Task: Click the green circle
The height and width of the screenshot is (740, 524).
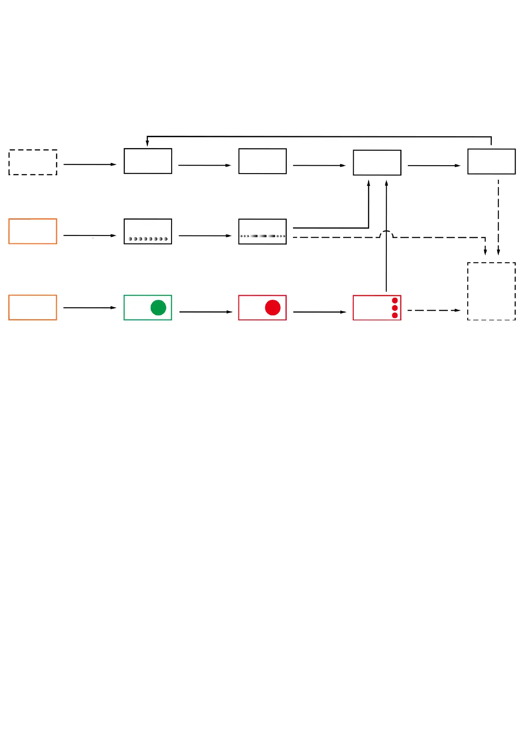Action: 158,308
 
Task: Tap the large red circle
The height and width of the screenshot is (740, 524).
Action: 273,308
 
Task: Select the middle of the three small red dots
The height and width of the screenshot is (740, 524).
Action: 395,308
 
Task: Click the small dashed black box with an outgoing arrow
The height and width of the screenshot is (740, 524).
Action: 33,162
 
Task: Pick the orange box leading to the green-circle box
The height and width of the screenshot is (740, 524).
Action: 33,308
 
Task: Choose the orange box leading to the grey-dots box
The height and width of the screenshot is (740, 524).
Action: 33,231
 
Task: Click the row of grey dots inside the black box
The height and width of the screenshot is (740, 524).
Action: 148,239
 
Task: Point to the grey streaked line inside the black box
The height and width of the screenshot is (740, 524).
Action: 263,236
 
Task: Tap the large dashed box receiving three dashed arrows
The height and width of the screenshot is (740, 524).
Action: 491,291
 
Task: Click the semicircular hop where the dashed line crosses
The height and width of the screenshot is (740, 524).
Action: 386,233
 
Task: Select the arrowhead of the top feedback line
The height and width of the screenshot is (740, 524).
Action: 147,143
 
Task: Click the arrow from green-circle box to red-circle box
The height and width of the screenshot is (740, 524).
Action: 205,312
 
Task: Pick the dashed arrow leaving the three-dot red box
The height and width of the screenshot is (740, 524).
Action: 433,310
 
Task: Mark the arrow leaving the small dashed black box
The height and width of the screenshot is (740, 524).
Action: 90,164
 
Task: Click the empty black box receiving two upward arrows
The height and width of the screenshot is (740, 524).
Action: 377,163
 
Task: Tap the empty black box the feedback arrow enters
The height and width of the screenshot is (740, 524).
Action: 148,161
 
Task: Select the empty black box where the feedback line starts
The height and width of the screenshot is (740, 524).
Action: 491,162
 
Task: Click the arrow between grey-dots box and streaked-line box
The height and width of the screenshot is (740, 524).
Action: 205,236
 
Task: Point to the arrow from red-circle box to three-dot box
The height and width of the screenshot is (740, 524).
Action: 319,312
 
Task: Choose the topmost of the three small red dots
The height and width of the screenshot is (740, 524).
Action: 395,301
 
